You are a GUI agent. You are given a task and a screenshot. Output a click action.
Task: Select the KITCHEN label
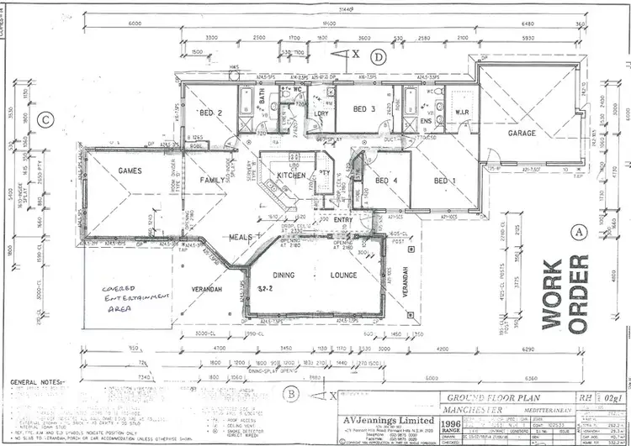291,175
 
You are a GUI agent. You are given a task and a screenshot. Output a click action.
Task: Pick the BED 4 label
387,180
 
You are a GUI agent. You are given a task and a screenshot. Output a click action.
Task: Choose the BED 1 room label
444,180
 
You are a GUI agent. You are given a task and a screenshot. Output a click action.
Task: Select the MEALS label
241,238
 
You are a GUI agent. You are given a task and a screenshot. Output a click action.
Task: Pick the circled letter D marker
380,56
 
